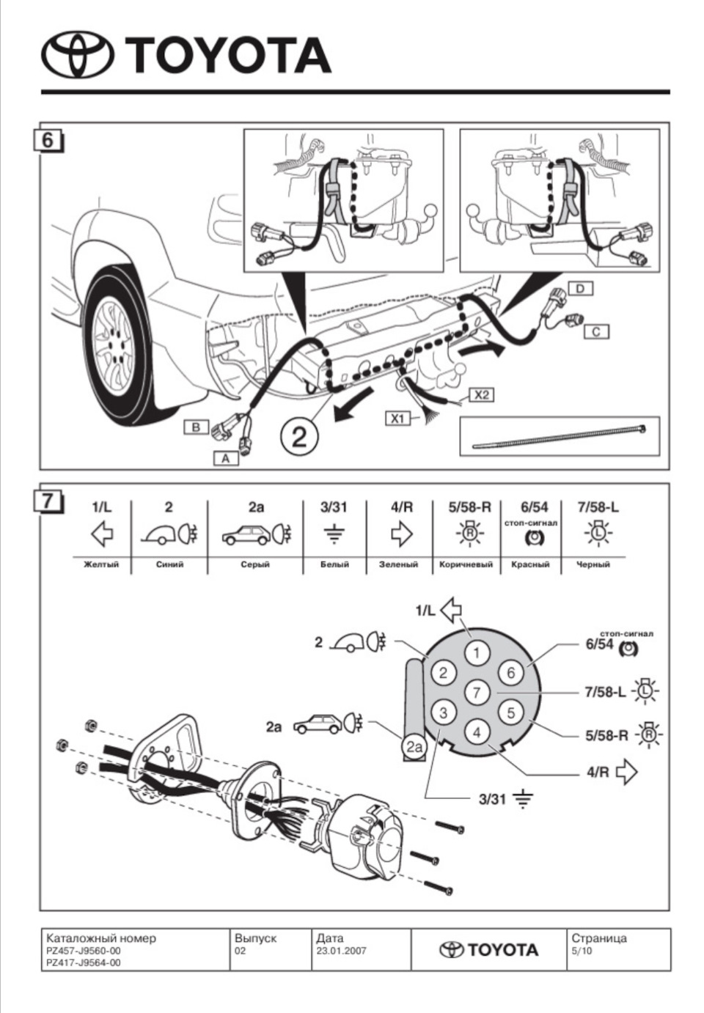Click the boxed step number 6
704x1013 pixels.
pyautogui.click(x=48, y=141)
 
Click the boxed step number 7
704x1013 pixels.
pyautogui.click(x=48, y=502)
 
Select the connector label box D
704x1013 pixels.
pyautogui.click(x=580, y=288)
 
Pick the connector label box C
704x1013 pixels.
pyautogui.click(x=596, y=332)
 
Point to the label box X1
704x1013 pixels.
pyautogui.click(x=397, y=419)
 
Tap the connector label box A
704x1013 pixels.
pyautogui.click(x=226, y=459)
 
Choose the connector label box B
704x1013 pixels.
pyautogui.click(x=196, y=427)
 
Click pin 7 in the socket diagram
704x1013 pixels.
pyautogui.click(x=477, y=692)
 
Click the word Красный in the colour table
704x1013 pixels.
pyautogui.click(x=530, y=564)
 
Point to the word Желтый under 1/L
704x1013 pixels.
pyautogui.click(x=101, y=564)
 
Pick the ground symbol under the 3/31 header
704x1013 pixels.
pyautogui.click(x=334, y=535)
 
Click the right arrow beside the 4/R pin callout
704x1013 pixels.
pyautogui.click(x=627, y=772)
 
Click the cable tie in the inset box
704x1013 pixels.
pyautogui.click(x=560, y=437)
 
